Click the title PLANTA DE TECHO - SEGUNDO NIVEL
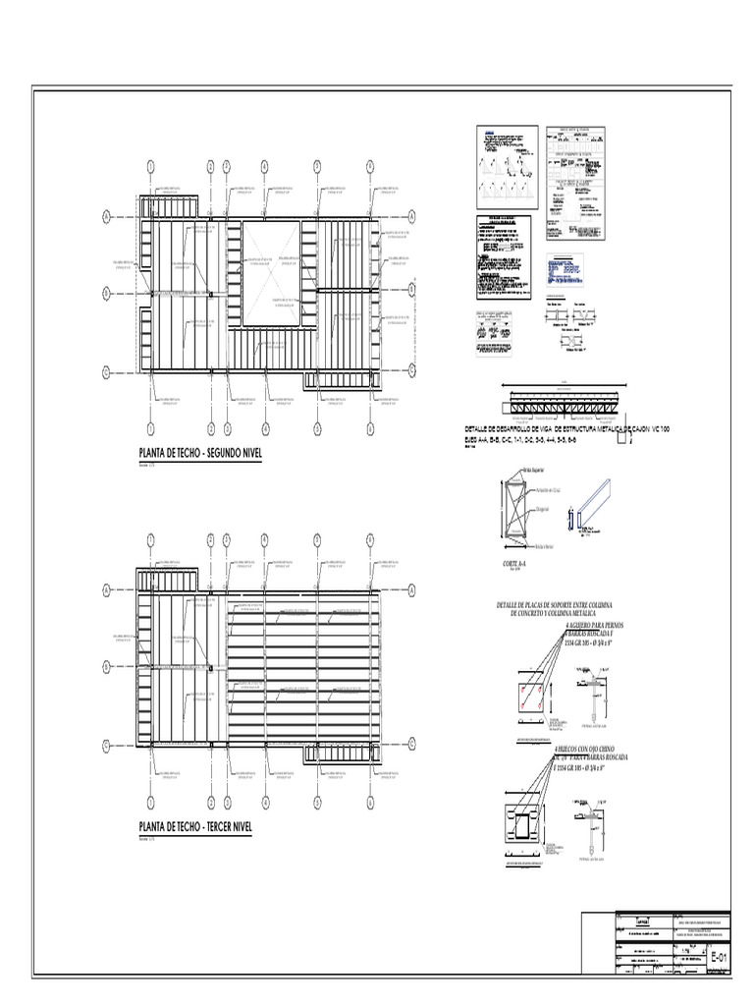[200, 455]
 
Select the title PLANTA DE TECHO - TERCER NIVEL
[195, 827]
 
